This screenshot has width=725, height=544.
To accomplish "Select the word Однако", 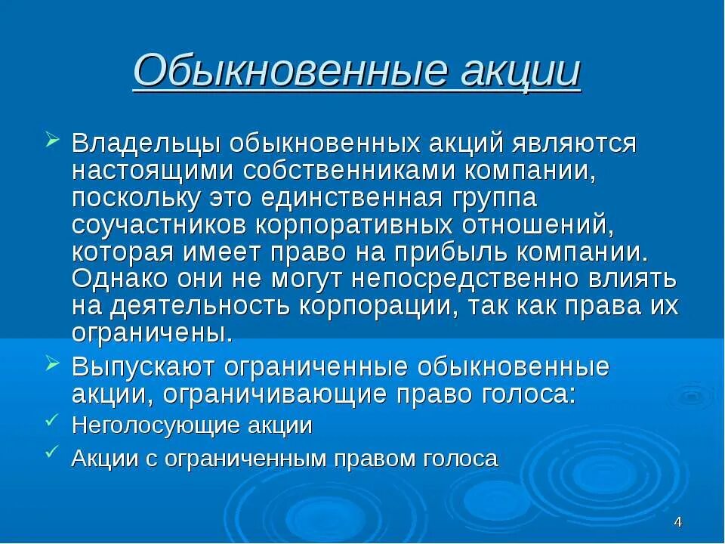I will point(121,279).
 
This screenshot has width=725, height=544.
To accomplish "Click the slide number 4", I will point(678,522).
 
